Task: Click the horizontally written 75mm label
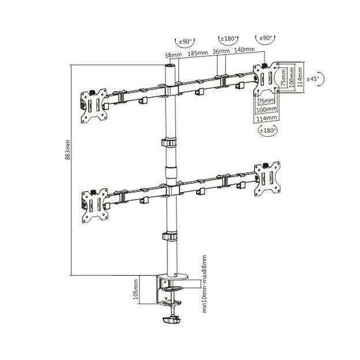click(x=266, y=100)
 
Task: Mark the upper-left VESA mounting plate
click(x=93, y=106)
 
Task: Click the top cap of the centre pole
click(x=170, y=68)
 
